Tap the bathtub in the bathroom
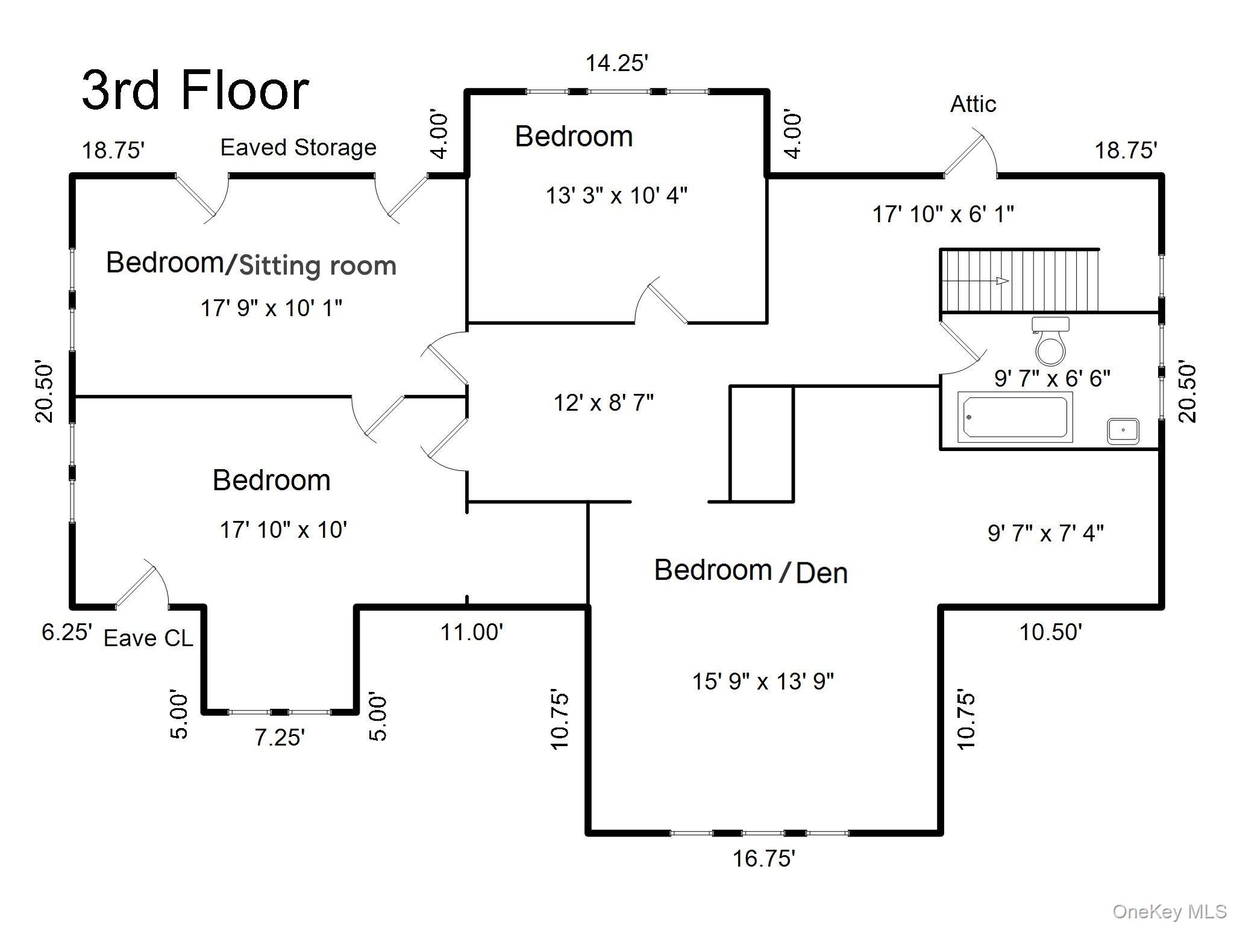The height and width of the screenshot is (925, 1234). [1015, 417]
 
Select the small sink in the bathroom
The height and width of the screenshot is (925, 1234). [1123, 431]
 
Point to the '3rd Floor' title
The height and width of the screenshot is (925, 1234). [195, 90]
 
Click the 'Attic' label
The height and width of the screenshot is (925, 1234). [972, 104]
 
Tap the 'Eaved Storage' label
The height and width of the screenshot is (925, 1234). [298, 148]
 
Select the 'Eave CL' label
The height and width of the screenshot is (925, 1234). [148, 638]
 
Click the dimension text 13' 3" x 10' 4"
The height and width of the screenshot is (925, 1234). [616, 196]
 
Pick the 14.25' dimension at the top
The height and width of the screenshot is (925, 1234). [617, 63]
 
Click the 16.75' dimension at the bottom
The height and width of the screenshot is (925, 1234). [763, 859]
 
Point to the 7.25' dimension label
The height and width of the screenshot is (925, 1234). [280, 737]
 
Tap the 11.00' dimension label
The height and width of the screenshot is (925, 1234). [472, 632]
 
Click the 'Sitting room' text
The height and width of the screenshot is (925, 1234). [318, 266]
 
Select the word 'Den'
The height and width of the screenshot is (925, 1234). [822, 573]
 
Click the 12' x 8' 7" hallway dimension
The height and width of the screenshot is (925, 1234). [604, 402]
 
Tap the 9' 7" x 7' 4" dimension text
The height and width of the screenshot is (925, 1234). [1045, 533]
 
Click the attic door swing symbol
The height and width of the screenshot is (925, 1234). [970, 154]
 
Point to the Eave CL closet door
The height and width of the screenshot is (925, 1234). [141, 584]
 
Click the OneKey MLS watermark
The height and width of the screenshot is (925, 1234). [1169, 912]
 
